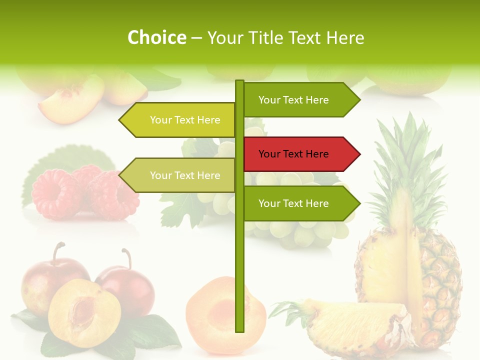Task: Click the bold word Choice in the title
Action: click(157, 37)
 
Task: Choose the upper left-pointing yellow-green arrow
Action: click(180, 120)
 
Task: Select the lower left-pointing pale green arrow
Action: click(180, 175)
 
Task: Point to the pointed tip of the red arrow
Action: click(359, 154)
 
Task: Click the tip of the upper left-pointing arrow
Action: click(120, 120)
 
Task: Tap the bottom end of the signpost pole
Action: click(239, 330)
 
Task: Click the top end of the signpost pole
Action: click(239, 81)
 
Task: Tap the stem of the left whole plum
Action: click(60, 250)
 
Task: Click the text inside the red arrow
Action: click(293, 154)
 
